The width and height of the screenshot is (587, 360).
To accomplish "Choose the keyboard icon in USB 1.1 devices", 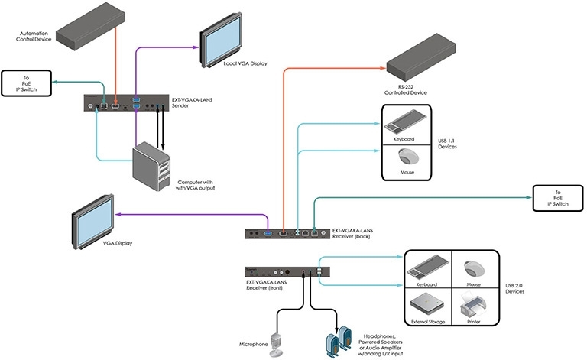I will (406, 125).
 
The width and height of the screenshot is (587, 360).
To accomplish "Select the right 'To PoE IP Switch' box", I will (557, 199).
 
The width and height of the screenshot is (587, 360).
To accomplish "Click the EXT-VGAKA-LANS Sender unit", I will (127, 102).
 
